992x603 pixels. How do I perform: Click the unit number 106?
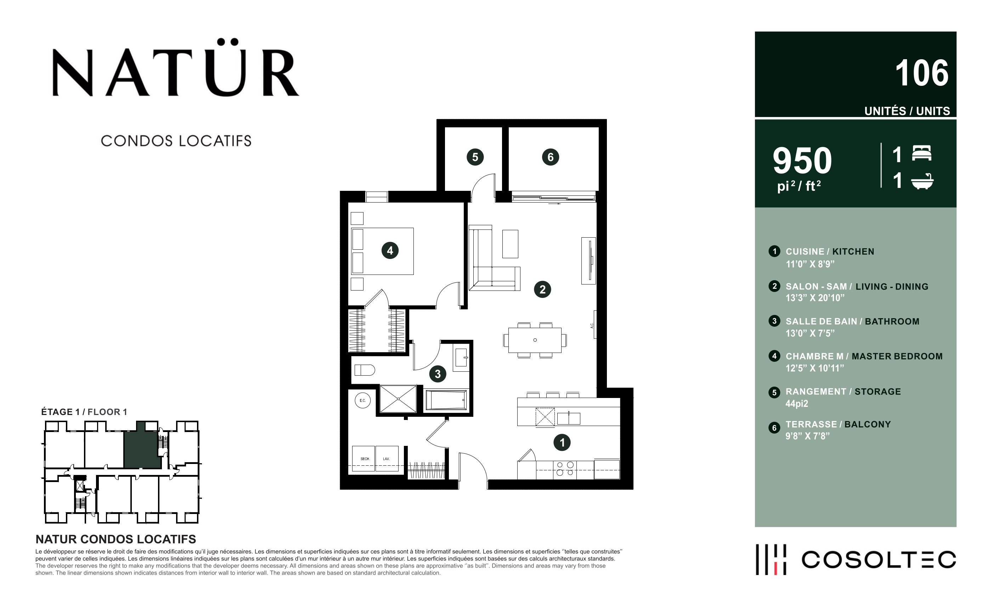click(921, 73)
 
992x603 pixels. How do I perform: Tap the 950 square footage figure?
click(802, 160)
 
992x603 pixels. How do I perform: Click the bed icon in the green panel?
click(921, 154)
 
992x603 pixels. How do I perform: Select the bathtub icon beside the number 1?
click(922, 181)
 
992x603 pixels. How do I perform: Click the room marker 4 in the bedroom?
click(390, 250)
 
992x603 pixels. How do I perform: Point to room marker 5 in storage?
click(475, 157)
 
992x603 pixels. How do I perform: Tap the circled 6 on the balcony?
click(550, 157)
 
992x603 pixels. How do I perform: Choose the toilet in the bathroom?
click(364, 370)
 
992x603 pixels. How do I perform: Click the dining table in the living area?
click(535, 340)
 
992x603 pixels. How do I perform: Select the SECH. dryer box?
click(363, 458)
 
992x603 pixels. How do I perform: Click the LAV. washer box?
click(387, 458)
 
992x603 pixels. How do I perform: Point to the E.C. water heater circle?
click(362, 400)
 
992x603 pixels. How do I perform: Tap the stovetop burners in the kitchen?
click(565, 469)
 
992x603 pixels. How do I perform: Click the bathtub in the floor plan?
click(446, 400)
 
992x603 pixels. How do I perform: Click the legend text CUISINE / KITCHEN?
click(830, 251)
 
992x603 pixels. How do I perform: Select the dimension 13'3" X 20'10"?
click(815, 298)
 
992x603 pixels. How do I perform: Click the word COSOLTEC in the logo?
click(879, 559)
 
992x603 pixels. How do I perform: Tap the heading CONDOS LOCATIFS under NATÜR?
click(176, 141)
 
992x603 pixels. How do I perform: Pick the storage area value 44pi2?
click(797, 404)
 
